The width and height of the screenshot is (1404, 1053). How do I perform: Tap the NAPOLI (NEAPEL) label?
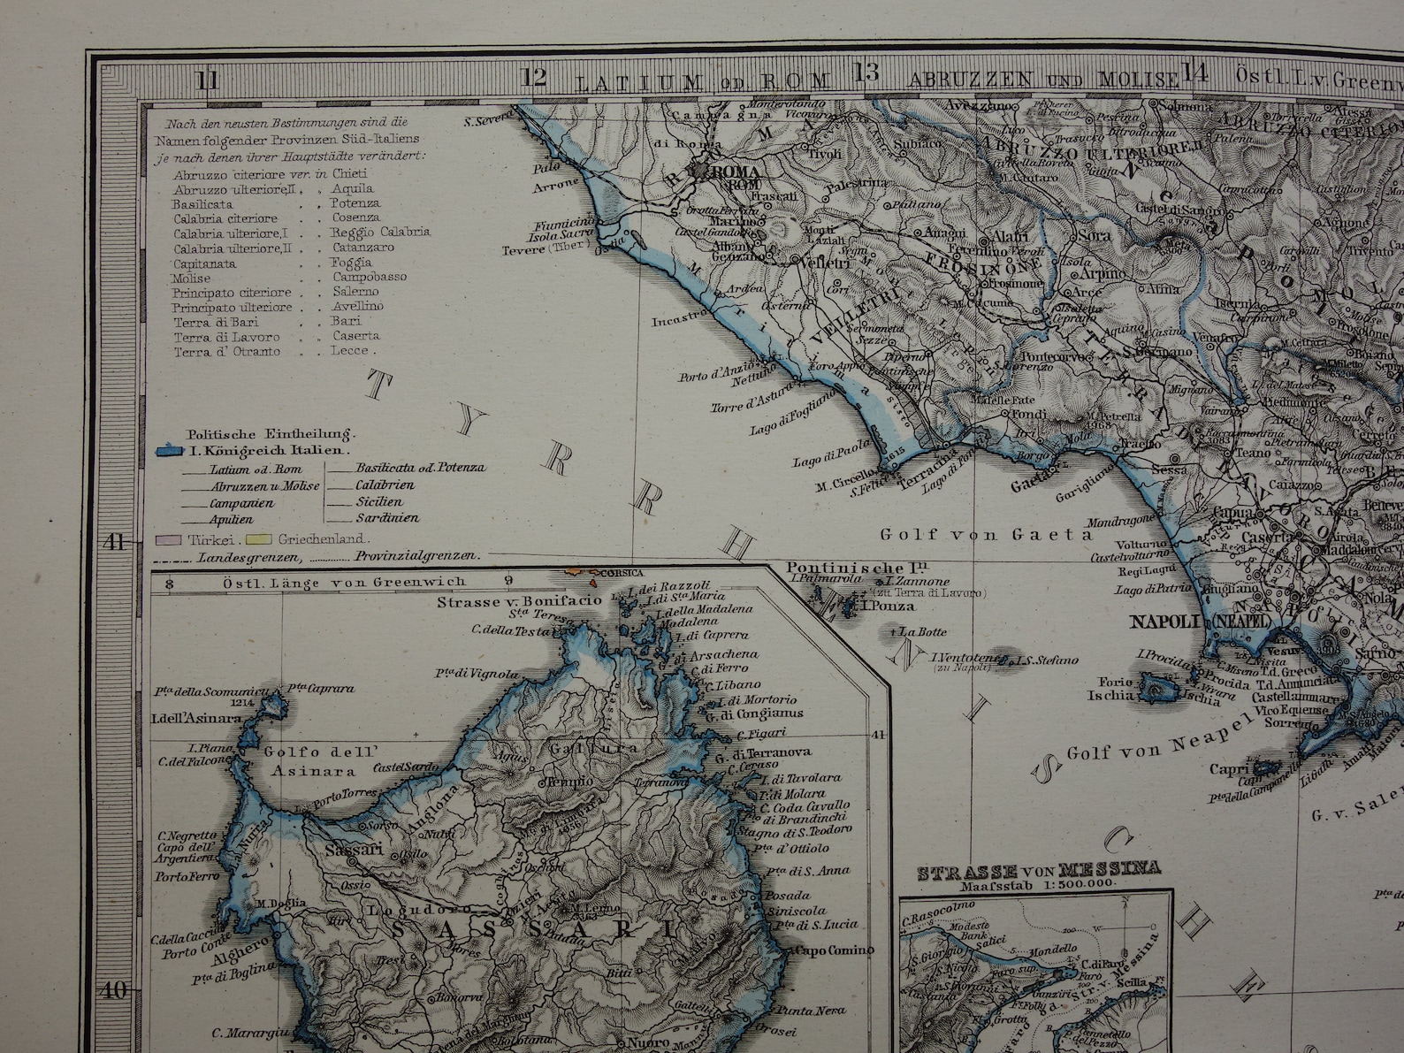pyautogui.click(x=1200, y=622)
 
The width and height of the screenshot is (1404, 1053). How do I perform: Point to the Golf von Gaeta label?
pyautogui.click(x=987, y=534)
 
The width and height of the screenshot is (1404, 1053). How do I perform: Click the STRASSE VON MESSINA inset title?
pyautogui.click(x=1039, y=870)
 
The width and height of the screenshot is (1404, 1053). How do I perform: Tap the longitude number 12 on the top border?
pyautogui.click(x=535, y=78)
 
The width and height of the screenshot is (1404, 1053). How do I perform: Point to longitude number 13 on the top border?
pyautogui.click(x=866, y=74)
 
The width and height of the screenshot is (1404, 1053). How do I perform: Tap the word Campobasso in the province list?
pyautogui.click(x=370, y=277)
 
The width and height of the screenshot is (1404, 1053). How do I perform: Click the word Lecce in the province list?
pyautogui.click(x=349, y=351)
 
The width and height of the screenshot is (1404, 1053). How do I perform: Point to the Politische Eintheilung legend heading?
pyautogui.click(x=271, y=434)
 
